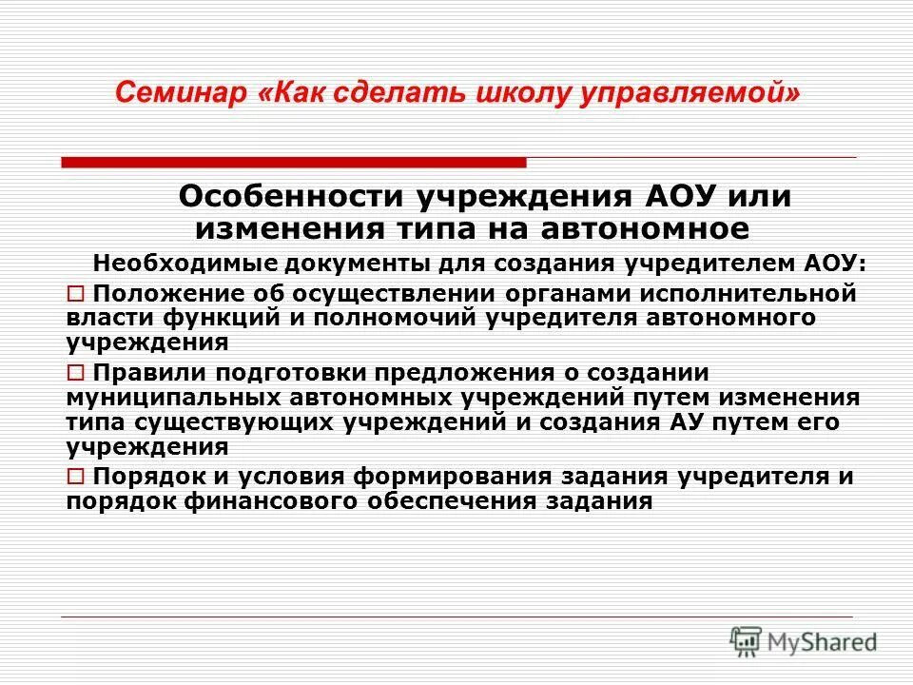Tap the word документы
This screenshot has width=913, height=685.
pos(313,263)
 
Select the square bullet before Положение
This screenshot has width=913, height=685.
pos(76,294)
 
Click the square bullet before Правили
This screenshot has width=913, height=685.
pos(76,372)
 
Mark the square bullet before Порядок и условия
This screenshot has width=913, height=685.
pos(76,477)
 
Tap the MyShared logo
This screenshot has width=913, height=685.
pos(803,641)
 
